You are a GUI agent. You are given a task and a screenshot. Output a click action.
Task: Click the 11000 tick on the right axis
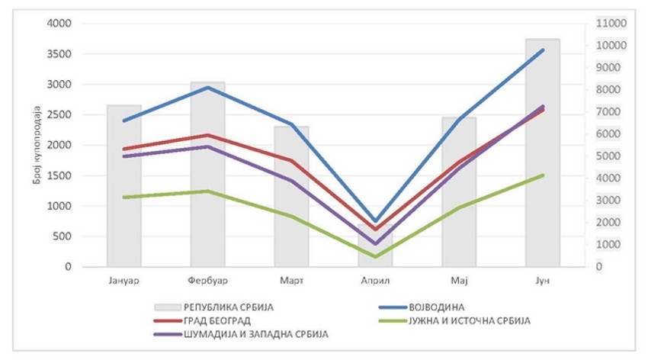coord(610,24)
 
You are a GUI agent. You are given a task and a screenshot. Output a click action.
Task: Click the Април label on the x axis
coord(375,281)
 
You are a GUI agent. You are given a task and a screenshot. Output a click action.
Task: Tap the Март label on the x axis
coord(291,281)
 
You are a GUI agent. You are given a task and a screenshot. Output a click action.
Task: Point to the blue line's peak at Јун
coord(543,50)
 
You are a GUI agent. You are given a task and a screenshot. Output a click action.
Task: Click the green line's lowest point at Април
coord(375,256)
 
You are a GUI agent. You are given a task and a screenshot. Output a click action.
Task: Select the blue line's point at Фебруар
coord(207,88)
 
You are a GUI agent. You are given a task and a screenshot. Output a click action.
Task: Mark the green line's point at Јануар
coord(124,198)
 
